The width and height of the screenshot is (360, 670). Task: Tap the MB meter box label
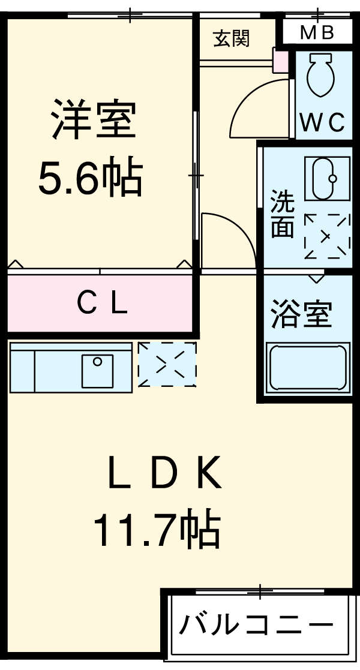317,32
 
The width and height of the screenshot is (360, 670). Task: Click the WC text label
322,123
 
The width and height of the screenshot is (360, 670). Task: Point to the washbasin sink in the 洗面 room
327,178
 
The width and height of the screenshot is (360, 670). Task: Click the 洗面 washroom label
282,214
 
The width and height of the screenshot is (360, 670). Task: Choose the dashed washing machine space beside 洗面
327,236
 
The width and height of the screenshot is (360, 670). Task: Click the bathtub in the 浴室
307,367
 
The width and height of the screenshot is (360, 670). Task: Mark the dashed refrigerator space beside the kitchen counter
167,364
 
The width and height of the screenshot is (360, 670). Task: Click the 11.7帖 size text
155,528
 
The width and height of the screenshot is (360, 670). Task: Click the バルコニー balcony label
257,626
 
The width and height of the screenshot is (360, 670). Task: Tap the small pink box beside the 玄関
280,61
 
